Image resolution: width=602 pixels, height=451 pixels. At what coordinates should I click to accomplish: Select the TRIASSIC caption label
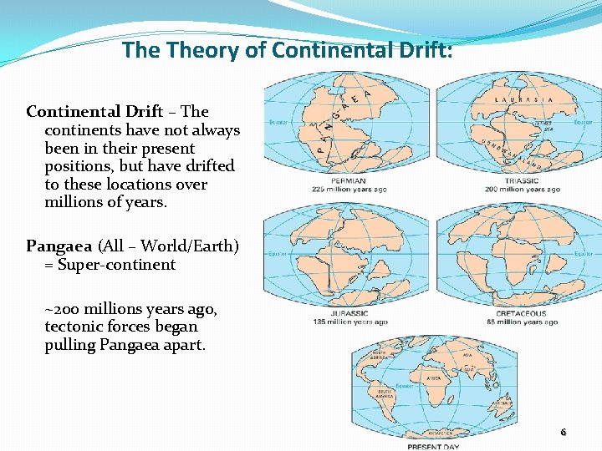coord(522,180)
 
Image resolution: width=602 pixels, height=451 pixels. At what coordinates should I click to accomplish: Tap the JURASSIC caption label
coord(349,314)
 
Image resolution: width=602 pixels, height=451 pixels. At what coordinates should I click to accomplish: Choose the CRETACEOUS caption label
coord(522,314)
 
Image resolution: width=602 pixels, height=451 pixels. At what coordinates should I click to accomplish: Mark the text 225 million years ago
coord(349,189)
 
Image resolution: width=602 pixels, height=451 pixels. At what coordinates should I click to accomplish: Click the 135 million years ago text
coord(349,322)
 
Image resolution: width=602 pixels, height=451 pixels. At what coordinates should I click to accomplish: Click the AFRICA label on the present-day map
coord(434,378)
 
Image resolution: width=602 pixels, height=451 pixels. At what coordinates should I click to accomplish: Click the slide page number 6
coord(563,433)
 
